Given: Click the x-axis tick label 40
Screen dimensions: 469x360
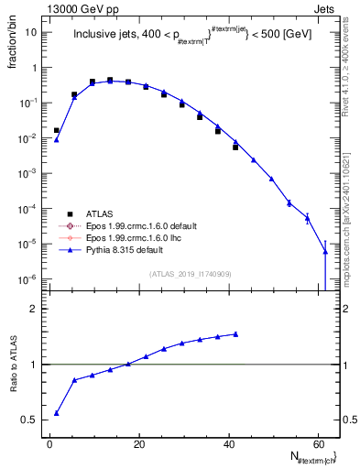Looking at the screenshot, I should click(x=227, y=444).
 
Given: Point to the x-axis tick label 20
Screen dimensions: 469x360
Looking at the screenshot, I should click(x=138, y=444).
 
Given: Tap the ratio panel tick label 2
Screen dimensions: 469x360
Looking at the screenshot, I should click(x=36, y=309).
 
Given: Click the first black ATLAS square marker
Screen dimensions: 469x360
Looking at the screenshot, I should click(x=57, y=130).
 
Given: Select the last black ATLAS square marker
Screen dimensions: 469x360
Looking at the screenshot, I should click(x=235, y=147).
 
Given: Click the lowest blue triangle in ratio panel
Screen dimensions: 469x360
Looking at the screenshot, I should click(x=57, y=413).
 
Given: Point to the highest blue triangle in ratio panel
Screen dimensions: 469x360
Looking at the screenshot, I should click(x=235, y=334).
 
